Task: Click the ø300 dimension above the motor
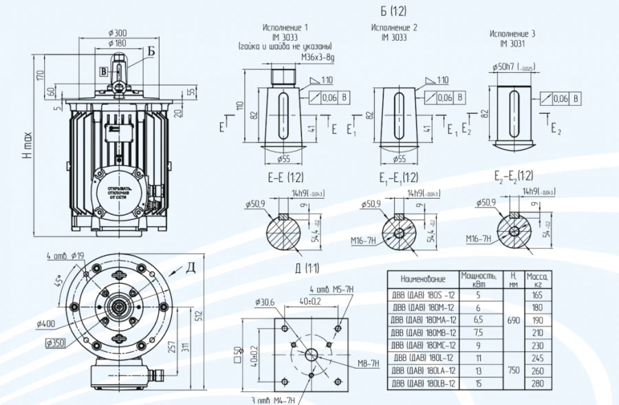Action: click(x=118, y=32)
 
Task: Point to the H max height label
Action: click(x=27, y=147)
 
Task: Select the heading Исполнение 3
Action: click(x=512, y=33)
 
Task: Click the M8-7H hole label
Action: click(x=367, y=362)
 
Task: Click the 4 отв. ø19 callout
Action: click(x=67, y=256)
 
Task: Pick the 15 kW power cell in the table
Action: click(x=479, y=383)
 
